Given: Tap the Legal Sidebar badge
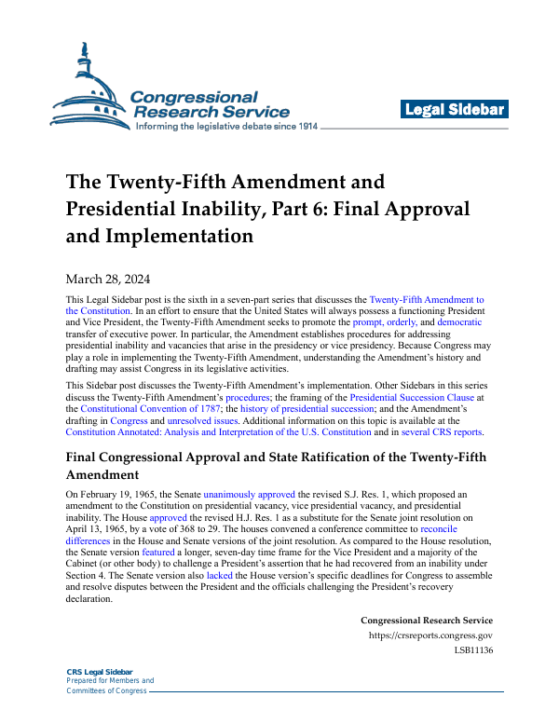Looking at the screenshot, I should click(x=455, y=109).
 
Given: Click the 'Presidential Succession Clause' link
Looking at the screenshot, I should click(x=415, y=395).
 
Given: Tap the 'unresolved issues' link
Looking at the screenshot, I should click(x=202, y=421).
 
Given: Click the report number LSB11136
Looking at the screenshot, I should click(x=473, y=650).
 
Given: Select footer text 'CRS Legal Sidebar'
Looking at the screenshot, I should click(x=100, y=672).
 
